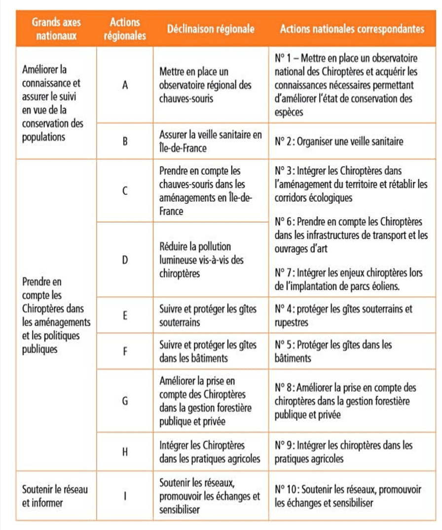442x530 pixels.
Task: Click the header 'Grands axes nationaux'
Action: [56, 29]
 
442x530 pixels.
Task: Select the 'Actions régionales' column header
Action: [125, 29]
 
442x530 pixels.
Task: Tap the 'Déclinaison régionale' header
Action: [211, 29]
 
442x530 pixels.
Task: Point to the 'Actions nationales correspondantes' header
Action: [352, 29]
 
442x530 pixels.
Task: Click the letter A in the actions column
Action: [125, 85]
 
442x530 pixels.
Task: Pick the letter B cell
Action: [125, 141]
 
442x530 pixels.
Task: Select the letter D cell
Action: [125, 260]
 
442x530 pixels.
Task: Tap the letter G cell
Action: [125, 401]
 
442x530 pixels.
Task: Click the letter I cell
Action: [125, 496]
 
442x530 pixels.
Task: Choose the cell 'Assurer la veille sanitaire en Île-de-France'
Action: [210, 141]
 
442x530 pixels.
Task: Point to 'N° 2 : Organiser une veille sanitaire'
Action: [339, 142]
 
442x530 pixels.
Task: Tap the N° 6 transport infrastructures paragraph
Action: [351, 235]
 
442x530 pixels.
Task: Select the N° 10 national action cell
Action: [348, 496]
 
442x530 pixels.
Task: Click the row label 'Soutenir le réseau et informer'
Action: [55, 496]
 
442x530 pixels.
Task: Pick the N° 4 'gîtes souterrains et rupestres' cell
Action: [343, 316]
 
